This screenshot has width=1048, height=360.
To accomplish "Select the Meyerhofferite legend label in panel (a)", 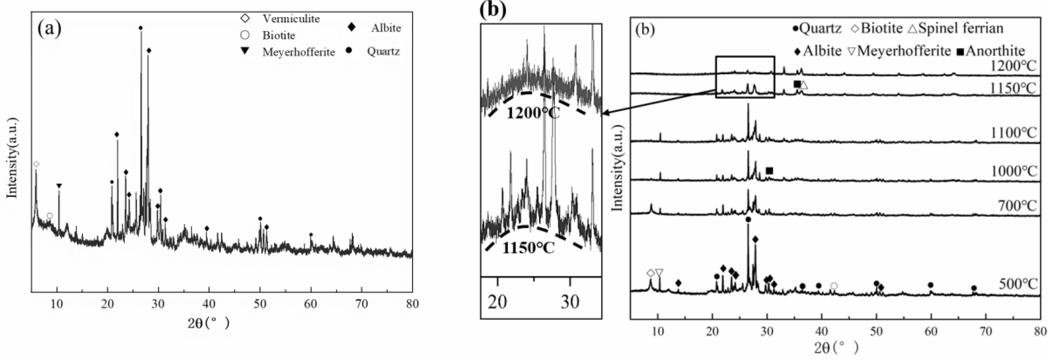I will [x=298, y=52].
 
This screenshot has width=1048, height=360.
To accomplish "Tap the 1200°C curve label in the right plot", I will [x=1013, y=66].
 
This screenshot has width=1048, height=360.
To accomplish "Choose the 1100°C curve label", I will [x=1013, y=133].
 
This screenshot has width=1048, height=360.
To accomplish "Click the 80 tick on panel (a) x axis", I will [x=412, y=304].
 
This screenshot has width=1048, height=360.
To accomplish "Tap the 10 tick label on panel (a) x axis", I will [x=57, y=304].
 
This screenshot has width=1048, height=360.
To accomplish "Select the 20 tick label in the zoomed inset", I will [x=497, y=302].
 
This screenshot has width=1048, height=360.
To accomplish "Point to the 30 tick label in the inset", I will [x=570, y=302].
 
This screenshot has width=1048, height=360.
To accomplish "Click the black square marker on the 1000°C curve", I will [x=769, y=171].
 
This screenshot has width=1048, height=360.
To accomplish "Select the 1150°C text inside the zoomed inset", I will [x=528, y=248].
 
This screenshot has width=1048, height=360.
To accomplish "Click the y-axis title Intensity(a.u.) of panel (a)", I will [x=12, y=158].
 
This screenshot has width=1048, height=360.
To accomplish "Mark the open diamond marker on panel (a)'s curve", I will [x=36, y=164].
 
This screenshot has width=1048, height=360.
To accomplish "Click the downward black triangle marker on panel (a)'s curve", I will [x=59, y=186].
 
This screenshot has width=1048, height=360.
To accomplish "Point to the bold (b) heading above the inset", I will [x=493, y=9].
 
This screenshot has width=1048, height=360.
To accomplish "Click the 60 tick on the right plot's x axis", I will [x=931, y=331].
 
